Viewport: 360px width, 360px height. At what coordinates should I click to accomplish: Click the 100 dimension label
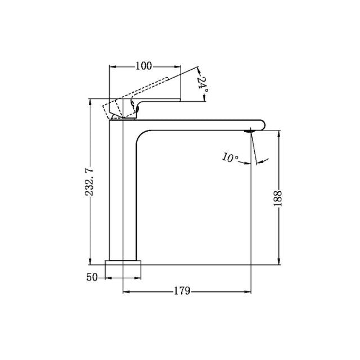[x=143, y=66]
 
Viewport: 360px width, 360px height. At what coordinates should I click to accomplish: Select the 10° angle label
[x=231, y=158]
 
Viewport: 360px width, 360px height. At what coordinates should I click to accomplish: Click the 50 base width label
[x=93, y=277]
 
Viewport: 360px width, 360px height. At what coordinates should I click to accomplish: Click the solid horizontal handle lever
[x=160, y=100]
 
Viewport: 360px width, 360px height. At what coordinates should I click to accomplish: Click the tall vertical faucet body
[x=122, y=191]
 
